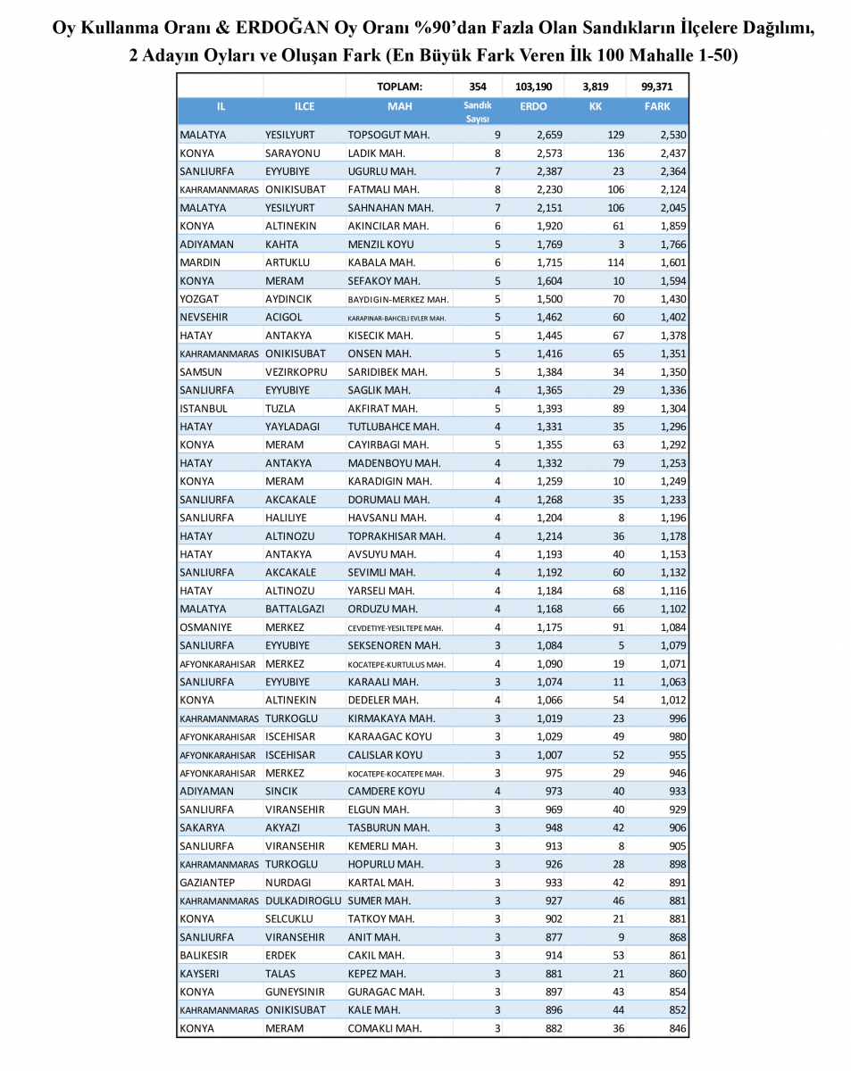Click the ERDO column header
[x=533, y=107]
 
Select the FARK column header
[x=657, y=107]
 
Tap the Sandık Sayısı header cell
[x=478, y=112]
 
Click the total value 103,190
[x=534, y=87]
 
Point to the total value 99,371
[x=657, y=87]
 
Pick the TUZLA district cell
[x=280, y=408]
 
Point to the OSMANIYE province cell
[x=206, y=627]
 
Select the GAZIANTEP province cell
[x=209, y=882]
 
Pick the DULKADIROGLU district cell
[x=305, y=901]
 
